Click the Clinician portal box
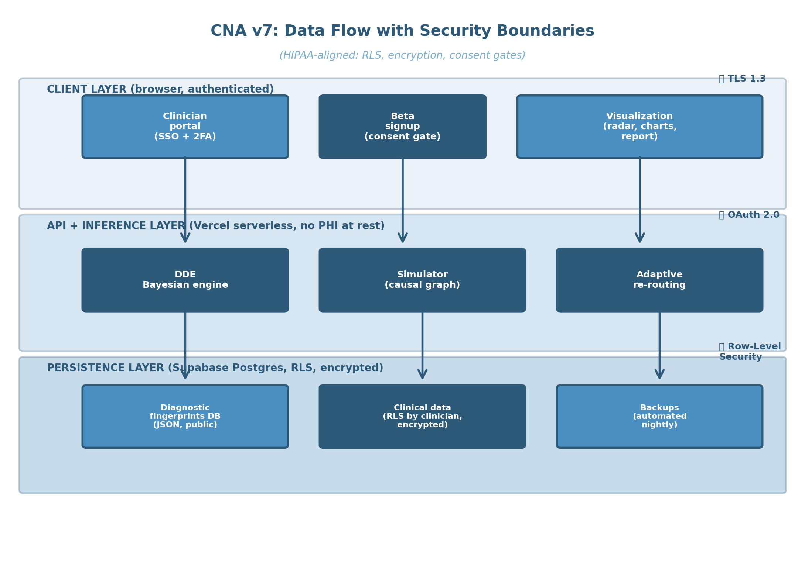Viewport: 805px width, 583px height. [185, 127]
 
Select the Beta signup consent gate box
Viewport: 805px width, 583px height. [403, 127]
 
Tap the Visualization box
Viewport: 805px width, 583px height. [640, 127]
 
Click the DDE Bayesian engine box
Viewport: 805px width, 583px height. [185, 280]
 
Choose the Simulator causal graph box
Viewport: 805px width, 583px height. [422, 280]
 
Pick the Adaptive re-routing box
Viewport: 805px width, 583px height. [659, 280]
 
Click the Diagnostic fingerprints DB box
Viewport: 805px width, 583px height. [185, 417]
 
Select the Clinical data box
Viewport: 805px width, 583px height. [422, 417]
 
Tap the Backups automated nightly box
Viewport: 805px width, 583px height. [659, 417]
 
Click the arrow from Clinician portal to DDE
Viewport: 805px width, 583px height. [185, 200]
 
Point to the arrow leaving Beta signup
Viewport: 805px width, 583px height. [403, 200]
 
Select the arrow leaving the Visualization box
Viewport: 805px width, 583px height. [640, 200]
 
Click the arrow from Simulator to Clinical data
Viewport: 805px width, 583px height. [422, 345]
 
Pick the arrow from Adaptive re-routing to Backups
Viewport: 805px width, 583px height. [659, 345]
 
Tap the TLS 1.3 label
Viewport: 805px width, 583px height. [742, 79]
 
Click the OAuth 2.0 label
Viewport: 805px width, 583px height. [749, 215]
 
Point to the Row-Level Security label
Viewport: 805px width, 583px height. [750, 352]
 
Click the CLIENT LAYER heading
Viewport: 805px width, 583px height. [160, 89]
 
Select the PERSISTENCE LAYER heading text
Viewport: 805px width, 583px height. [215, 368]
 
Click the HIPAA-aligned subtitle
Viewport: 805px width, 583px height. [402, 55]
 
